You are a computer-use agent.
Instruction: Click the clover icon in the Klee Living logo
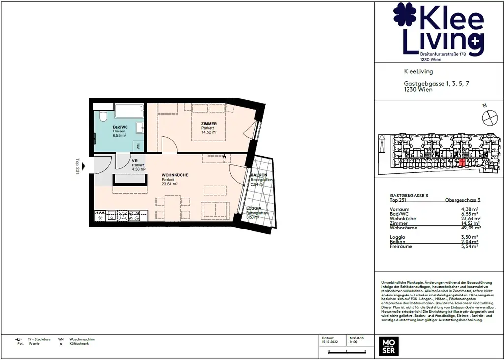pyautogui.click(x=405, y=15)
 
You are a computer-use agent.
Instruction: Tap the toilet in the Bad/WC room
pyautogui.click(x=102, y=116)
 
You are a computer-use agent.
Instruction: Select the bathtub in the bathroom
pyautogui.click(x=129, y=111)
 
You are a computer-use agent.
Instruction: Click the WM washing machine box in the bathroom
pyautogui.click(x=138, y=146)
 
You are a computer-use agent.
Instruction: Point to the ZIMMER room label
pyautogui.click(x=209, y=124)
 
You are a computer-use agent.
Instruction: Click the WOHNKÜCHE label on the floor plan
pyautogui.click(x=175, y=175)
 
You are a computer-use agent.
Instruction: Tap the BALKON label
pyautogui.click(x=259, y=175)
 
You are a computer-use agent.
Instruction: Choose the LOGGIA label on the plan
pyautogui.click(x=254, y=209)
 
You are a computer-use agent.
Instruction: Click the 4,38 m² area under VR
pyautogui.click(x=139, y=169)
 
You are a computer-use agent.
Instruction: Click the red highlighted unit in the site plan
pyautogui.click(x=462, y=163)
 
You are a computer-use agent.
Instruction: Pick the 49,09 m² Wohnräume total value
pyautogui.click(x=471, y=228)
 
